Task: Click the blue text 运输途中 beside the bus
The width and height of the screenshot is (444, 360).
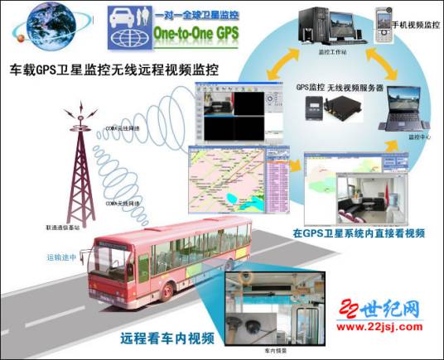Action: [x=60, y=257]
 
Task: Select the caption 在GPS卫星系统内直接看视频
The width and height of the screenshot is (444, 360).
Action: [x=360, y=233]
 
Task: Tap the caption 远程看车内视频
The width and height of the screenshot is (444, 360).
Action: [x=167, y=337]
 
